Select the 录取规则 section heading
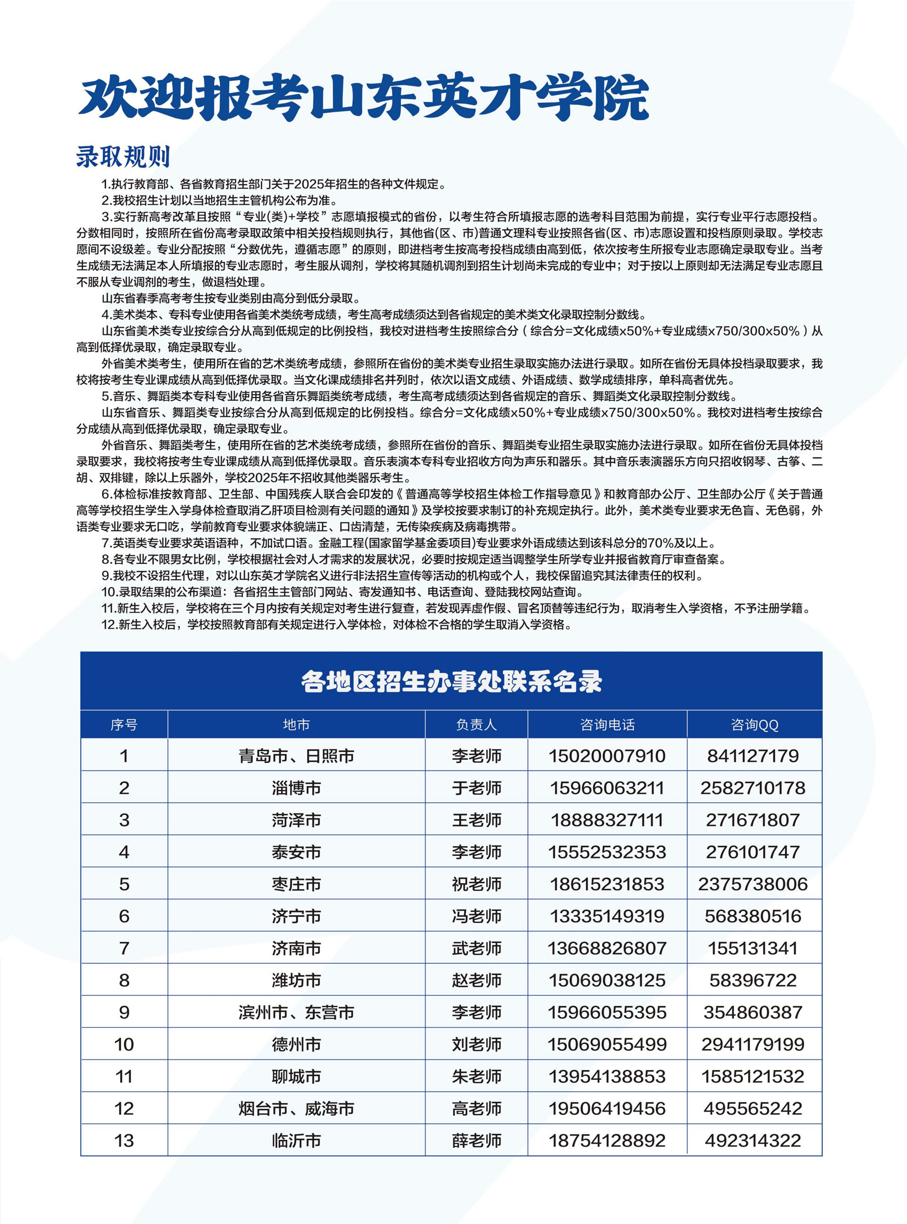[123, 157]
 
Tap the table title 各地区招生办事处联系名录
[451, 681]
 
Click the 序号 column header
[124, 725]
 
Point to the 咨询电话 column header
[607, 725]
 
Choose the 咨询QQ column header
[754, 725]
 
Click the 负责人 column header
[476, 725]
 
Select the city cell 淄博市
[296, 788]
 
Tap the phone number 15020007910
[607, 756]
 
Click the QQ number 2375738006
[753, 884]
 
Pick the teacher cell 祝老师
[476, 884]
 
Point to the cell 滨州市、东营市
[296, 1012]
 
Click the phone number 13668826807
[607, 949]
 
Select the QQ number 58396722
[753, 980]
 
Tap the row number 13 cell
[124, 1140]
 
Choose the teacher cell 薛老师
[476, 1140]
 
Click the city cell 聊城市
[296, 1076]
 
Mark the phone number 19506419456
[607, 1108]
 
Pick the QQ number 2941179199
[753, 1044]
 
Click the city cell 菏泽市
[296, 820]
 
